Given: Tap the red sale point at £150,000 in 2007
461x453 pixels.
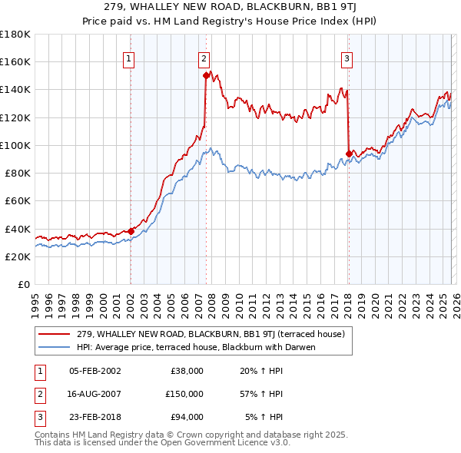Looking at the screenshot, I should click(x=207, y=75).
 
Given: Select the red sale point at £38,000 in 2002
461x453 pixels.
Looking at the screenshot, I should click(x=131, y=230).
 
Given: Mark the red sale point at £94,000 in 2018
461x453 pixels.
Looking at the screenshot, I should click(x=349, y=153).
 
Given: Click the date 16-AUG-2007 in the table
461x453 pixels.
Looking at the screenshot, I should click(x=95, y=394).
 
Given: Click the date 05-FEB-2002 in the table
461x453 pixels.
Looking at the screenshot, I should click(x=95, y=371).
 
